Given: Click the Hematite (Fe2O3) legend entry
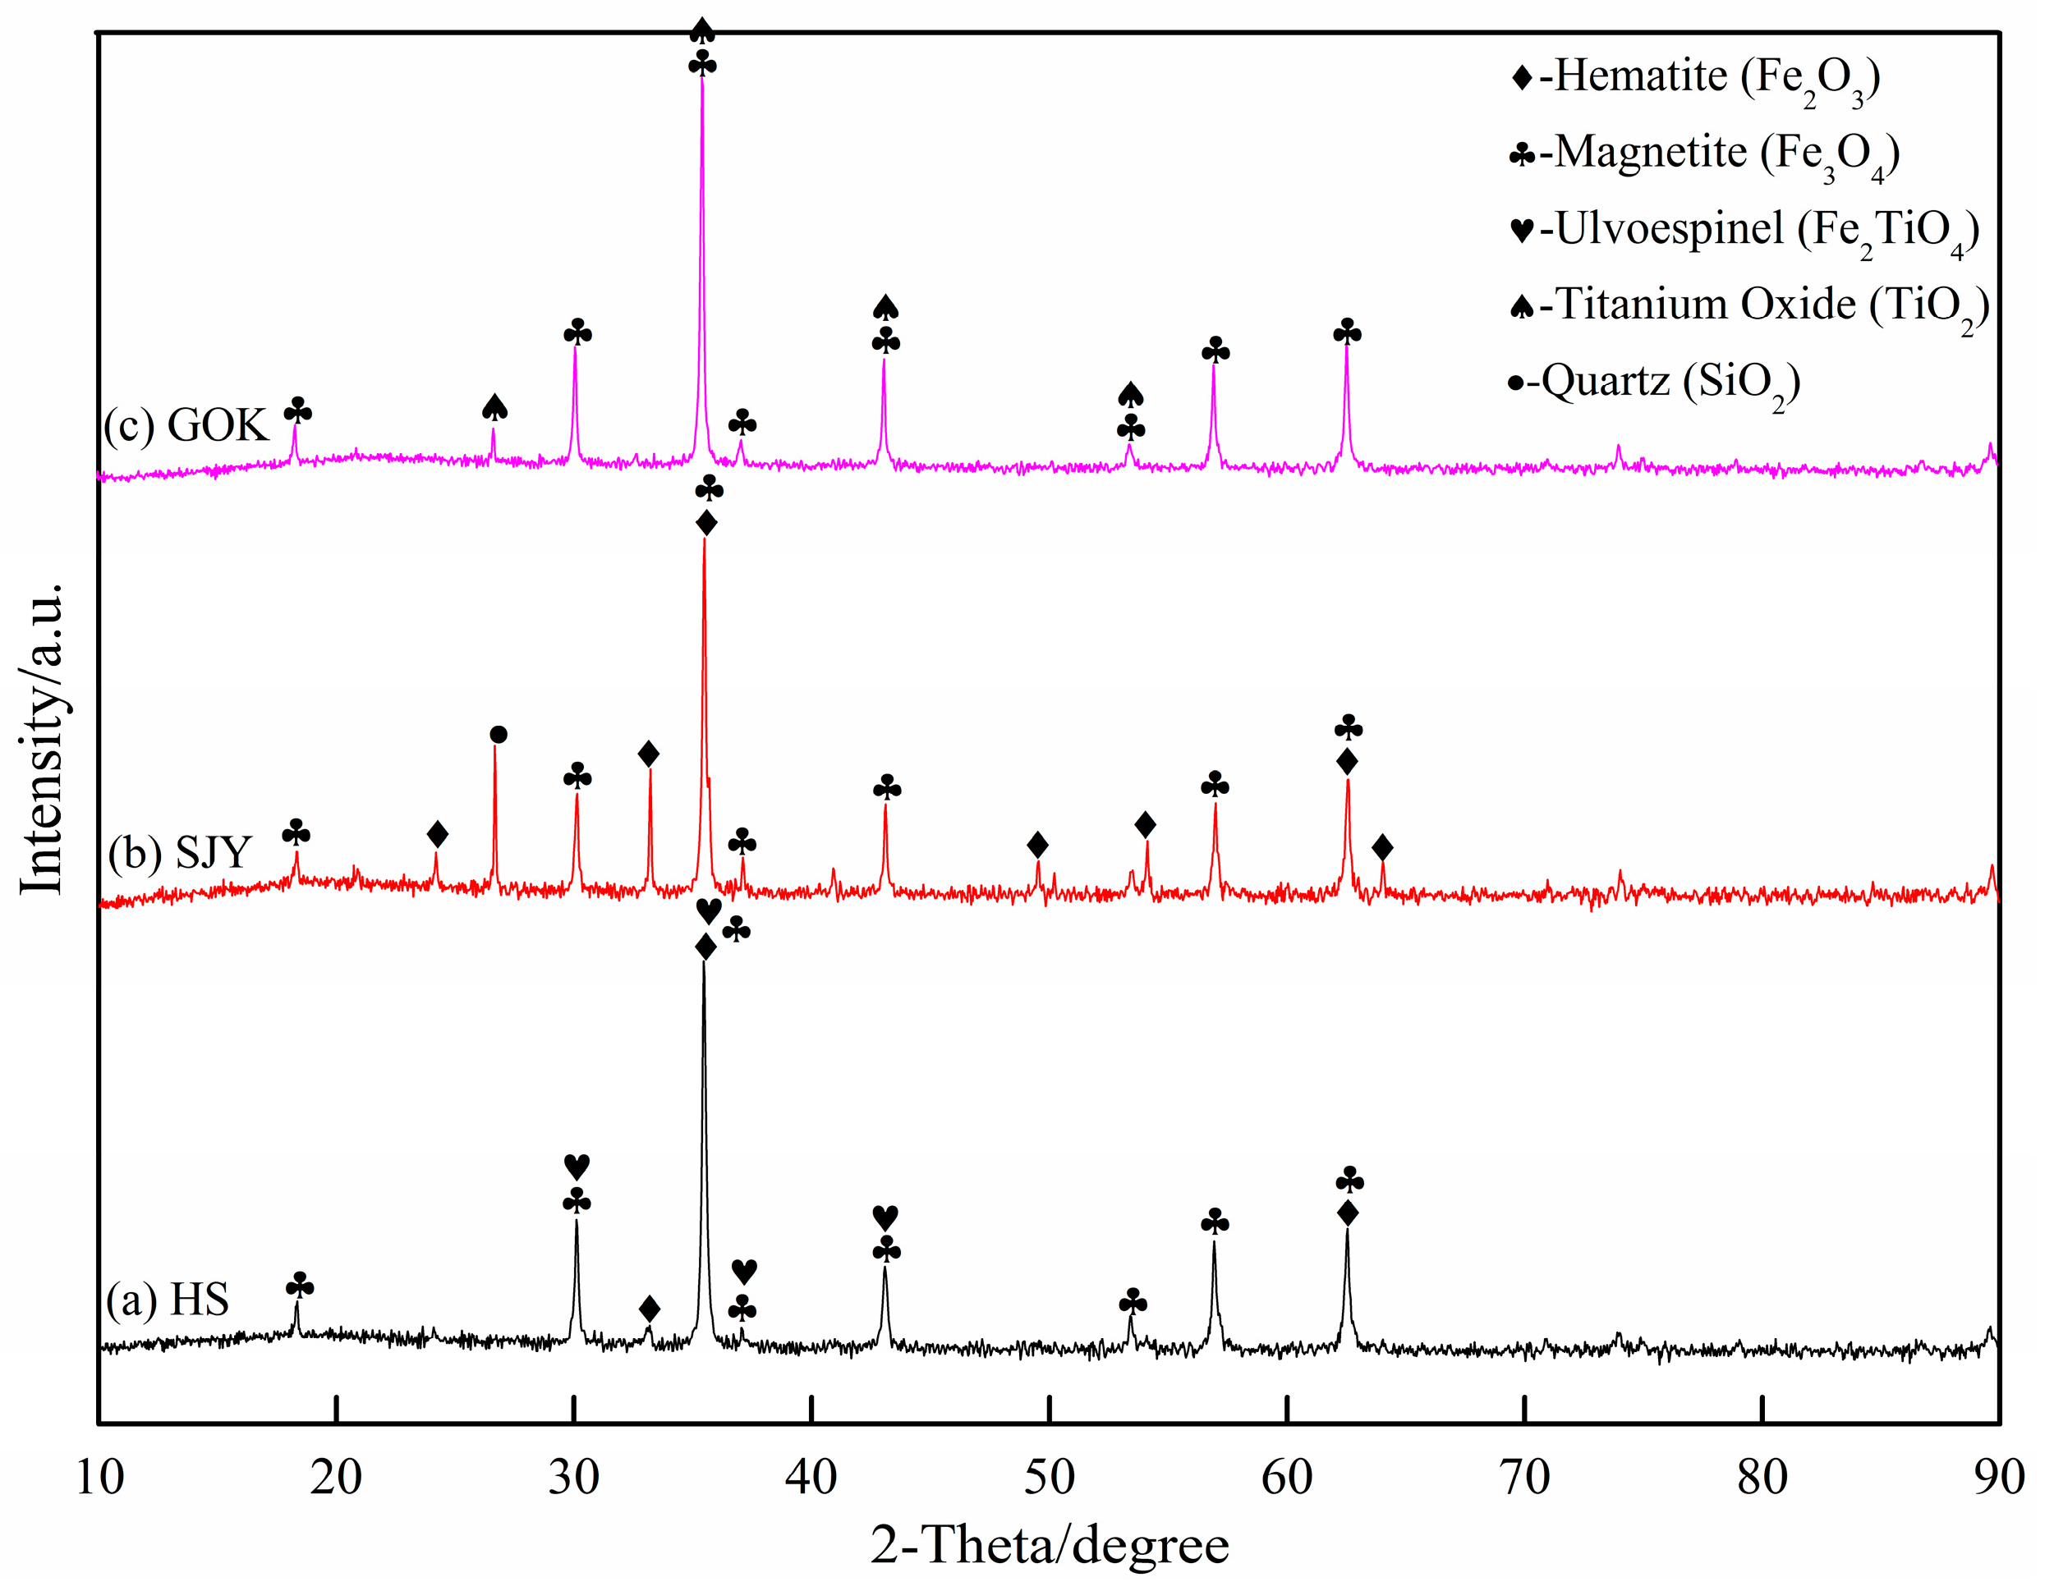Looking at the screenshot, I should pos(1693,77).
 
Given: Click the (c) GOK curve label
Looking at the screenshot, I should pos(186,425).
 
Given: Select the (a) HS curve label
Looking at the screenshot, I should pos(168,1300).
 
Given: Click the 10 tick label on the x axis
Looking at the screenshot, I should pos(99,1477).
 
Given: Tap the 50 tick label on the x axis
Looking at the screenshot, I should pos(1049,1477).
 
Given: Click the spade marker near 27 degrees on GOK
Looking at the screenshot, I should pos(494,407).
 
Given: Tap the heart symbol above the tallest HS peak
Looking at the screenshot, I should pos(708,910).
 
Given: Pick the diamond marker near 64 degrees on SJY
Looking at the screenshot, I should pos(1381,848).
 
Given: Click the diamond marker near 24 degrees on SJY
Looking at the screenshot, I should pos(437,834).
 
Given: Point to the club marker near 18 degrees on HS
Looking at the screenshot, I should pos(300,1286).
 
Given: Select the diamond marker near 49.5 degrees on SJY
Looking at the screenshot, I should pos(1037,846).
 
